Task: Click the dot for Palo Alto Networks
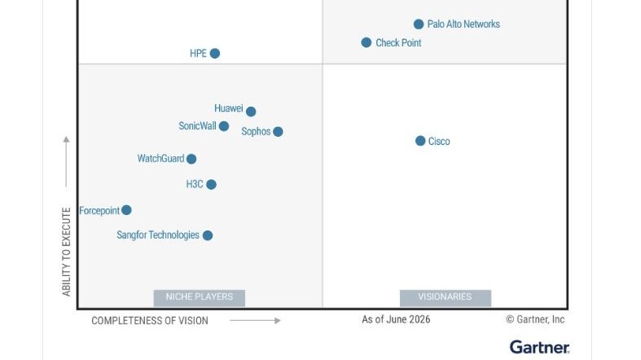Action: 418,24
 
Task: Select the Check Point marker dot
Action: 367,42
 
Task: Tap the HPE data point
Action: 215,53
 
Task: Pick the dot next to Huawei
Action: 251,111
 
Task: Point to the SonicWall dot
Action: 224,126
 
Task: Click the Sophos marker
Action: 278,132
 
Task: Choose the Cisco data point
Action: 420,141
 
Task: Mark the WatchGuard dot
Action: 191,159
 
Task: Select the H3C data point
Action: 211,184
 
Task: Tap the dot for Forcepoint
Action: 126,210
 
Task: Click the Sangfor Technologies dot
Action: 207,235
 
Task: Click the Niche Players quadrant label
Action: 199,297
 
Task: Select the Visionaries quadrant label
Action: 446,297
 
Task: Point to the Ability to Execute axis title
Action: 66,252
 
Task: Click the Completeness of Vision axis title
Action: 150,321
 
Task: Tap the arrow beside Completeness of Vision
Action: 255,320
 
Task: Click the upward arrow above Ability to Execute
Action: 66,162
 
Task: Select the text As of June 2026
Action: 396,319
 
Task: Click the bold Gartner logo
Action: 539,347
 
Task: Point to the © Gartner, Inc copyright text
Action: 535,319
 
